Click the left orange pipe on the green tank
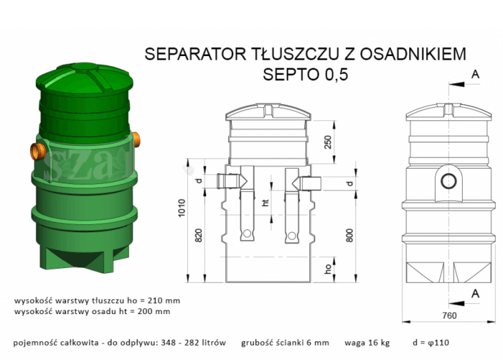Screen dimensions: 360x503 [38, 149]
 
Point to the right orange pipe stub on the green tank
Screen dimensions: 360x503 [137, 138]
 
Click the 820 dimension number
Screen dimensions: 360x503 [197, 235]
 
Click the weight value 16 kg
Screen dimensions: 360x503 [376, 343]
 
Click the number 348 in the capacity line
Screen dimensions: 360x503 [168, 343]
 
